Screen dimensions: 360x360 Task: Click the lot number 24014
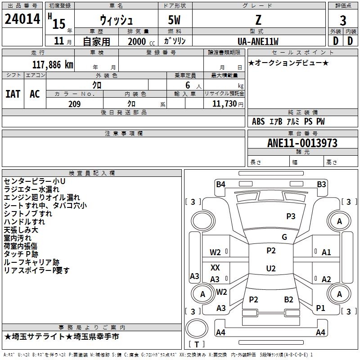tap(22, 19)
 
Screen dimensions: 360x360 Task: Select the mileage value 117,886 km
tap(53, 65)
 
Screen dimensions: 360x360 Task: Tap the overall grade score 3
tap(343, 20)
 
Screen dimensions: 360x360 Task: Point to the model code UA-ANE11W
tap(258, 41)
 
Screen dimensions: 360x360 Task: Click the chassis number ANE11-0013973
tap(302, 143)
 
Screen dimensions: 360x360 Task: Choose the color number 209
tap(74, 104)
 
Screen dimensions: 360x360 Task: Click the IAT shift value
tap(13, 94)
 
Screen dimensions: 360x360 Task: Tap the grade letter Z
tap(258, 20)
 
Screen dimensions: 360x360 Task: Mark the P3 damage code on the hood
tap(291, 216)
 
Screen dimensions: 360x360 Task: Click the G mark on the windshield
tap(284, 237)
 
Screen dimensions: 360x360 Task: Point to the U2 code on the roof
tap(271, 268)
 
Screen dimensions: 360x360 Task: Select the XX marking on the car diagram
tap(215, 267)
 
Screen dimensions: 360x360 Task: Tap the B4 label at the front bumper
tap(220, 184)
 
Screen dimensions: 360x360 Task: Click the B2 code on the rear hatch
tap(288, 300)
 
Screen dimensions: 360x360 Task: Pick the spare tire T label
tap(197, 344)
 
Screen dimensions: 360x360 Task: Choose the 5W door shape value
tap(174, 20)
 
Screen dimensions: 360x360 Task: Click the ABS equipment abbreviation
tap(258, 121)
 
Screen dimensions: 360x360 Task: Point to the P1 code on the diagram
tap(320, 308)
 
